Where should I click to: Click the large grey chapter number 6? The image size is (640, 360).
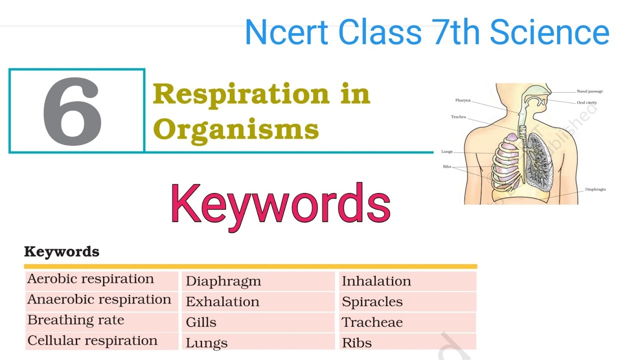73,111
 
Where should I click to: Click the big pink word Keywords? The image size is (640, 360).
280,204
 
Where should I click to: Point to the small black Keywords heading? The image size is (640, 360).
61,251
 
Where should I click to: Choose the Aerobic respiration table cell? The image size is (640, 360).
90,279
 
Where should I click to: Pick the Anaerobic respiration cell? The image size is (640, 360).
99,299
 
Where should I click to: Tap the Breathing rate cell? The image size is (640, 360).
76,320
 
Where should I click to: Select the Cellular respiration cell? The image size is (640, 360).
92,341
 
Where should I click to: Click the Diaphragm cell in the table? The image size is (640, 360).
223,281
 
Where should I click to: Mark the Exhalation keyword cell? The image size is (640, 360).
222,302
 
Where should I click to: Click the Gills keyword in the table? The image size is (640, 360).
201,322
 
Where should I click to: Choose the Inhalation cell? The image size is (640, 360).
376,281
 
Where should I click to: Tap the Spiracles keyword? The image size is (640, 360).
372,302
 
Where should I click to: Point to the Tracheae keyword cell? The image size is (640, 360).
372,322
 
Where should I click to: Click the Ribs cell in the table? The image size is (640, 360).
356,343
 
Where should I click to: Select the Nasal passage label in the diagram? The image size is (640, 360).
589,91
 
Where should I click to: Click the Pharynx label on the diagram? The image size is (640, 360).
463,100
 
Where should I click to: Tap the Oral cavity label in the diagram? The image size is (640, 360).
586,103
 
